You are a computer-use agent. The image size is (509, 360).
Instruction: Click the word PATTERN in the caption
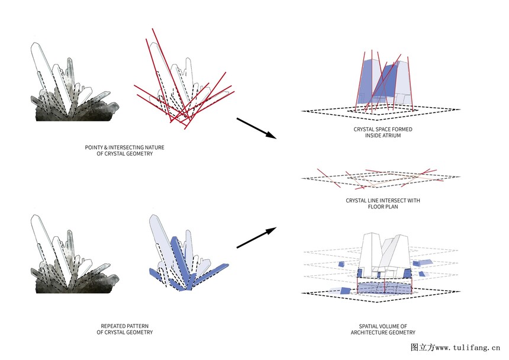(x=138, y=326)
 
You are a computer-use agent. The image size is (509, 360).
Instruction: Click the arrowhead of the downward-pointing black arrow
(x=270, y=135)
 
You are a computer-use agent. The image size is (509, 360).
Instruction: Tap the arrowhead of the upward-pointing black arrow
(x=270, y=231)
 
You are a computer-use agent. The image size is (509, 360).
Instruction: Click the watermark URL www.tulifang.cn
(x=468, y=348)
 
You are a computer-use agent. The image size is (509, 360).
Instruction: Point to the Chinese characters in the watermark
(x=423, y=348)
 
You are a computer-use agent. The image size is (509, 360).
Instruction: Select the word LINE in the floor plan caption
(x=373, y=201)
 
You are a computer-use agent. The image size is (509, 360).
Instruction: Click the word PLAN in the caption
(x=391, y=207)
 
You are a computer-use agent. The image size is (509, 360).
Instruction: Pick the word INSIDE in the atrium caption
(x=372, y=136)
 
